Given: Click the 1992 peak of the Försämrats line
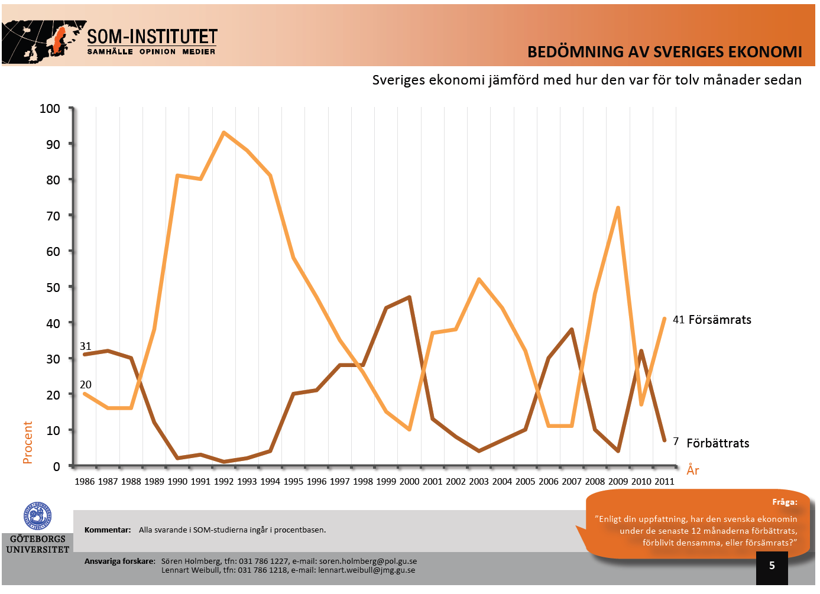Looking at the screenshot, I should [223, 132].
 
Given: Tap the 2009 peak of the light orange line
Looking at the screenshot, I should [618, 207].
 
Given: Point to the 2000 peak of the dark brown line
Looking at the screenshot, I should [409, 297].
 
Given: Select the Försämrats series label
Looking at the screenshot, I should [719, 320].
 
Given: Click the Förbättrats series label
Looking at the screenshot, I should [718, 443].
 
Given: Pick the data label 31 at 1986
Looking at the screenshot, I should [86, 346].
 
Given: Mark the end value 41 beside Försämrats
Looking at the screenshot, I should [678, 320].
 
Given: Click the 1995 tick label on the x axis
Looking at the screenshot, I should [293, 481].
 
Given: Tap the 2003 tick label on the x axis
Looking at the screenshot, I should [479, 481].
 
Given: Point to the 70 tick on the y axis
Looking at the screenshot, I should [53, 216].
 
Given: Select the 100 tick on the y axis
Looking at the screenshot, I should [50, 108].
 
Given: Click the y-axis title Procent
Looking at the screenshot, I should [28, 442].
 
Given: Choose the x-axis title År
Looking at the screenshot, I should [693, 470].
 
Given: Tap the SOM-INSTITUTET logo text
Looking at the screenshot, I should [152, 37].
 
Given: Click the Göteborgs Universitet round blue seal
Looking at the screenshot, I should [37, 517].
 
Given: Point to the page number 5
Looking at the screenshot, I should [772, 566].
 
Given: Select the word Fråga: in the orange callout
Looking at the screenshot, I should [785, 502].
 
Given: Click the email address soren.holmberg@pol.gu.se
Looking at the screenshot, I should [368, 561].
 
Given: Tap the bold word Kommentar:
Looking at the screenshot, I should [108, 530].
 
